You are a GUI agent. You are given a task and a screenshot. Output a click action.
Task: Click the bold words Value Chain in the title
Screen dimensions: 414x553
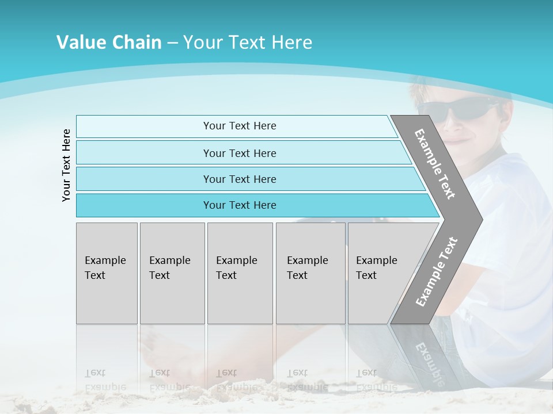point(109,43)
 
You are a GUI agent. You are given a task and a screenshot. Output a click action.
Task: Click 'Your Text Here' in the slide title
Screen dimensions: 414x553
point(247,43)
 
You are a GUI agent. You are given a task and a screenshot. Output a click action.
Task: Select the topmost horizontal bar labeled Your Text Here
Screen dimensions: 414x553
point(240,126)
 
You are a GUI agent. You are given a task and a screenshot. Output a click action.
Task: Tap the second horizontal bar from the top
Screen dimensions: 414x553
point(240,153)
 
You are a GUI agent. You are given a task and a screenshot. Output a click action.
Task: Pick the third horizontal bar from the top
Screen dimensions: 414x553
point(240,179)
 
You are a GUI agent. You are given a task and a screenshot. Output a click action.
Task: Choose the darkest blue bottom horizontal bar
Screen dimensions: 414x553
point(240,205)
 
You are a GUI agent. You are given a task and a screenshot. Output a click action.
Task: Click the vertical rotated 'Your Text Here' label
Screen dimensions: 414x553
point(66,165)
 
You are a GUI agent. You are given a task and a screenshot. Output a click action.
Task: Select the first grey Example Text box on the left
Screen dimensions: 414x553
point(107,273)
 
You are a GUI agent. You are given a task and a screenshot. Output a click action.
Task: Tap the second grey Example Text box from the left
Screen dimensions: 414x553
point(172,273)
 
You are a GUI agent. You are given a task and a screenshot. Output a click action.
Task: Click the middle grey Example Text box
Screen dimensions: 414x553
point(240,273)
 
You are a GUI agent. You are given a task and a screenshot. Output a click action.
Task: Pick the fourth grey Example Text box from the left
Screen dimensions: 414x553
point(310,273)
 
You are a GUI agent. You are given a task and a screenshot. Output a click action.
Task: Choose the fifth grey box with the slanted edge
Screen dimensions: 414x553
point(380,273)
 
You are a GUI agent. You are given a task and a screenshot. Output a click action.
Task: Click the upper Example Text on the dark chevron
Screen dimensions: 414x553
point(435,164)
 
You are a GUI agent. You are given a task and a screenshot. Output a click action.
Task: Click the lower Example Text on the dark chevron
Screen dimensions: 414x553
point(436,272)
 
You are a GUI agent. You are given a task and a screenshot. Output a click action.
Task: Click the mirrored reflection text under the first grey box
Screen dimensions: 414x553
point(105,379)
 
